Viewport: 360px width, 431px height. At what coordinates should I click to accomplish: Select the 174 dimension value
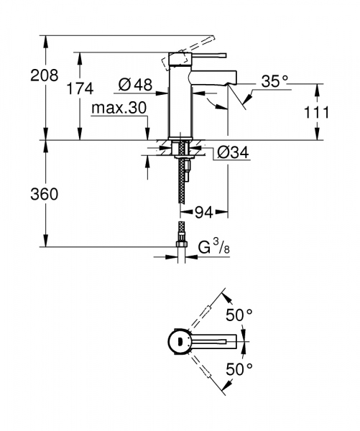pyautogui.click(x=79, y=89)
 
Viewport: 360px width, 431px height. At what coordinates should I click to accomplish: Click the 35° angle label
pyautogui.click(x=274, y=81)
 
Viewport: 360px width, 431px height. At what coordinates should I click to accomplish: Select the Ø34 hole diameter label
pyautogui.click(x=233, y=153)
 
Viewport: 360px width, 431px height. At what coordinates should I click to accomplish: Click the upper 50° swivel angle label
pyautogui.click(x=239, y=315)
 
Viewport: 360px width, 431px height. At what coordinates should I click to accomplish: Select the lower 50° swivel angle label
pyautogui.click(x=239, y=369)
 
